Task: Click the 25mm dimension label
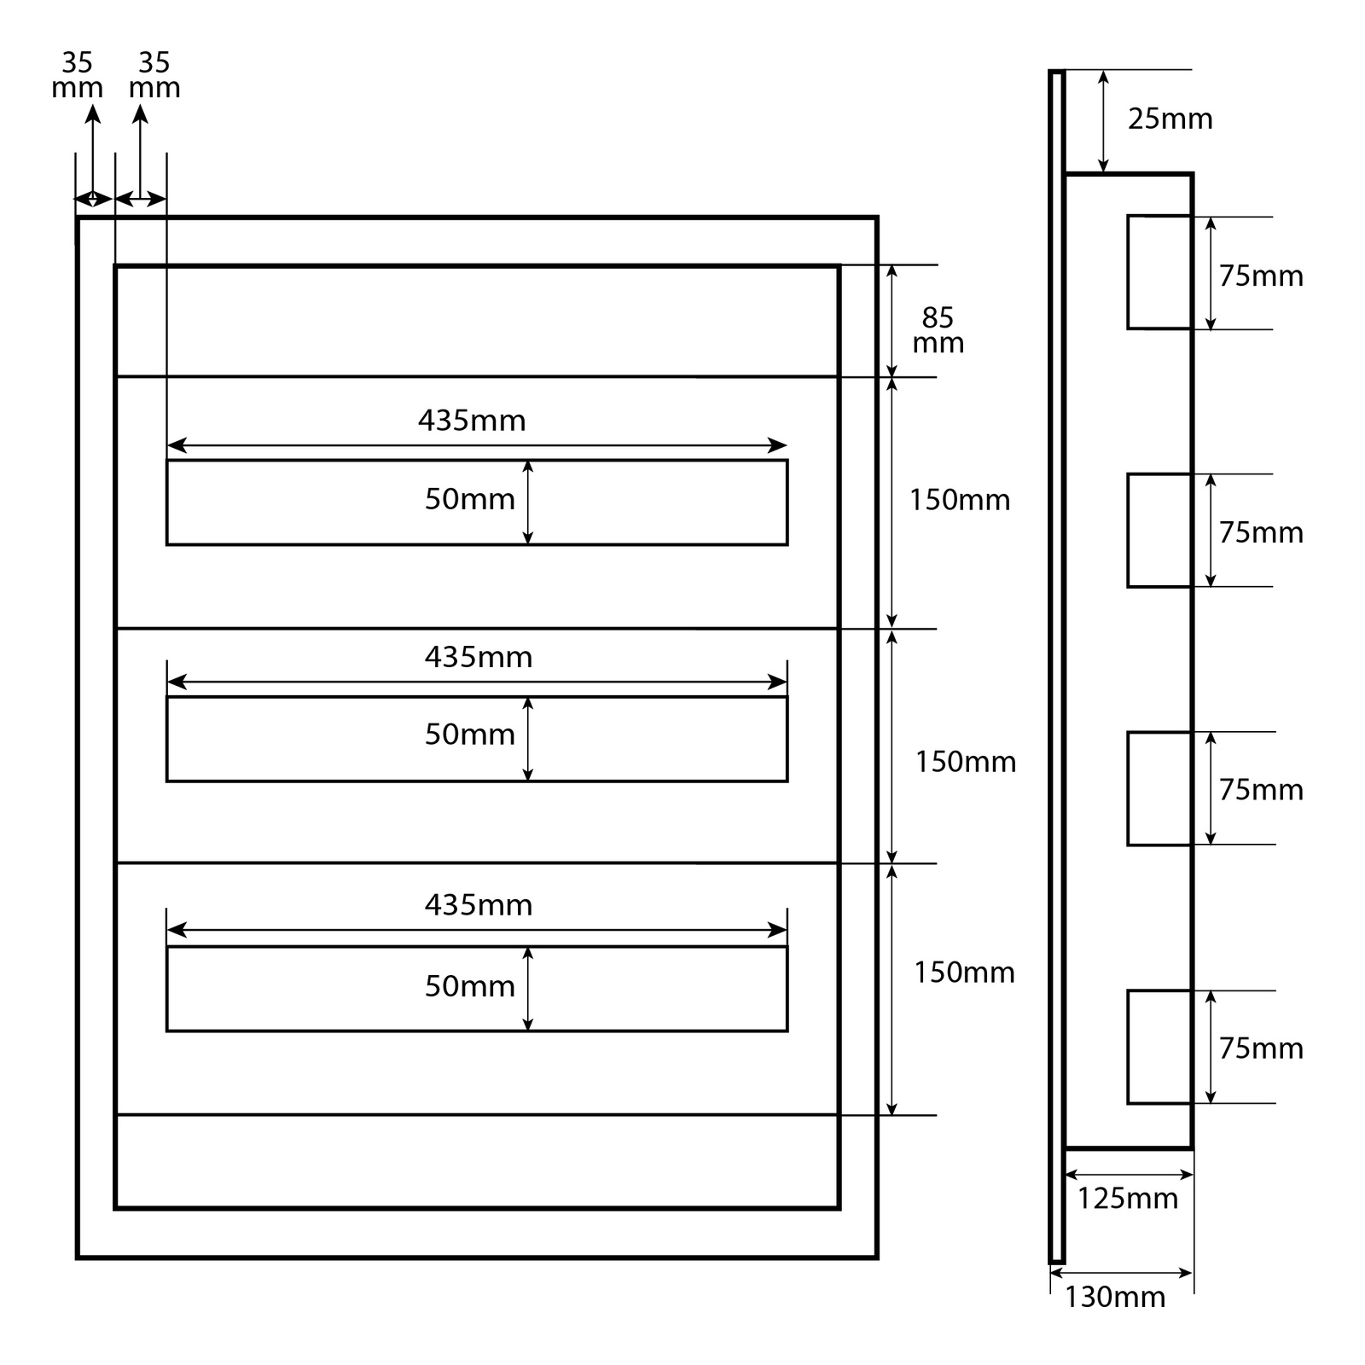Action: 1170,119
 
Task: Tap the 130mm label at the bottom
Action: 1114,1297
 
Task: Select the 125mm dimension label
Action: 1127,1199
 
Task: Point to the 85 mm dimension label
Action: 938,330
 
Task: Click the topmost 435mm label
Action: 472,421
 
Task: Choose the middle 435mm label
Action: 479,657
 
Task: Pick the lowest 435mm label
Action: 479,904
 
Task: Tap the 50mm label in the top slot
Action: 470,499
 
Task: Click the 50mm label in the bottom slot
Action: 470,986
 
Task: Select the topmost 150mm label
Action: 960,500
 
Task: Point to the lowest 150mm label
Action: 964,973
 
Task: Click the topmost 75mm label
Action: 1261,276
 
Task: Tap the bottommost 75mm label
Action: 1261,1048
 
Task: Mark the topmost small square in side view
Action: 1159,272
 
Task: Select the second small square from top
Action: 1159,531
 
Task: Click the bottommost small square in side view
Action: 1159,1047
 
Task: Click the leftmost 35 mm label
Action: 77,75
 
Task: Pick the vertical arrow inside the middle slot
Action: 528,739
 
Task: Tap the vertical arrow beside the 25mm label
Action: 1103,121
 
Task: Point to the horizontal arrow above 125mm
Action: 1129,1175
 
